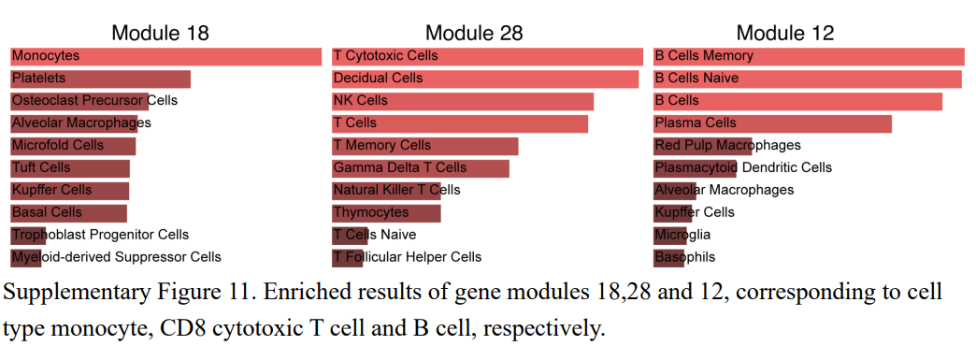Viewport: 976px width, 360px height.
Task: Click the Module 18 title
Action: [160, 33]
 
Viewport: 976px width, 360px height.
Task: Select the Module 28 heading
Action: [474, 33]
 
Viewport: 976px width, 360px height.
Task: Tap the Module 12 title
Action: [785, 33]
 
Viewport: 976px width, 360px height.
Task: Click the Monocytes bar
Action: [165, 56]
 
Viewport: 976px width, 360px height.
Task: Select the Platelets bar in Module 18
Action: [100, 79]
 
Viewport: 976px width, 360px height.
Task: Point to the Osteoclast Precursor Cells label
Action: [93, 101]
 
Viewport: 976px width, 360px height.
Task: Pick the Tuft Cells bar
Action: [70, 168]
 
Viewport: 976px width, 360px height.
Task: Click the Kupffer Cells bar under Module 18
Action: [69, 191]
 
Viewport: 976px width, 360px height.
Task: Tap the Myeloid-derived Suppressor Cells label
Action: [116, 257]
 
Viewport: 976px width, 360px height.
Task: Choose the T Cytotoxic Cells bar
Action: [487, 56]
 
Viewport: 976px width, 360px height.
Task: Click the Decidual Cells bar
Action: [485, 79]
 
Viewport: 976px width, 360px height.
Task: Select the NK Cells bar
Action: [463, 101]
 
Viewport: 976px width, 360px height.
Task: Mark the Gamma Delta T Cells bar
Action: [421, 168]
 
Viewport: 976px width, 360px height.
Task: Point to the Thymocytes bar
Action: [386, 213]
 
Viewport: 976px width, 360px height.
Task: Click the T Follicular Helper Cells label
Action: [408, 257]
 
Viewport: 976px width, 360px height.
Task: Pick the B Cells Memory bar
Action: [809, 56]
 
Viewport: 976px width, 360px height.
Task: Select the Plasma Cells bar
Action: [772, 123]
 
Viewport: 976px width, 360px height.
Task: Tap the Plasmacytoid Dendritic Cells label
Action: [743, 168]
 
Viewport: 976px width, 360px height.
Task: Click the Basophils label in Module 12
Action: [685, 257]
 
